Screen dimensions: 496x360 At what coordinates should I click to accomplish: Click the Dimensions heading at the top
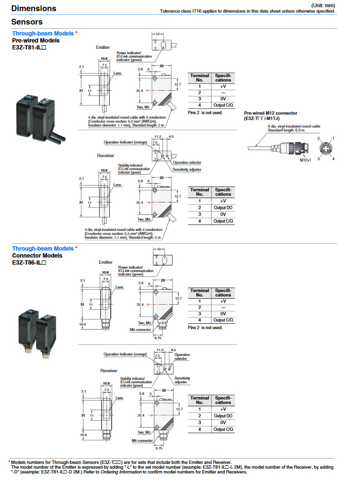pyautogui.click(x=34, y=8)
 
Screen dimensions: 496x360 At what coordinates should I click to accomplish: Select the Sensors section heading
pyautogui.click(x=27, y=22)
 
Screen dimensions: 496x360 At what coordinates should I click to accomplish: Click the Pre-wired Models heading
pyautogui.click(x=36, y=41)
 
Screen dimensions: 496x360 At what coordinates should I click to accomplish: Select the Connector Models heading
pyautogui.click(x=37, y=256)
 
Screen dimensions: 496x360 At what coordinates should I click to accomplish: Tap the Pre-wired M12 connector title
pyautogui.click(x=271, y=113)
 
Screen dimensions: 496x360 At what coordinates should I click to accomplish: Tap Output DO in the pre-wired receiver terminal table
pyautogui.click(x=223, y=208)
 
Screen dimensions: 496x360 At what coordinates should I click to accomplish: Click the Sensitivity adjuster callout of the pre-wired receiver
pyautogui.click(x=187, y=169)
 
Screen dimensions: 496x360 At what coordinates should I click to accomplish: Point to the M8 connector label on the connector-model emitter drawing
pyautogui.click(x=140, y=330)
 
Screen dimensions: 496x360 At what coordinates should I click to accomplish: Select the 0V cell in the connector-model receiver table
pyautogui.click(x=223, y=423)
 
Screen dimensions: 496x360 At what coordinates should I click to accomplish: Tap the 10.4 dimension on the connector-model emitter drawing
pyautogui.click(x=82, y=325)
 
